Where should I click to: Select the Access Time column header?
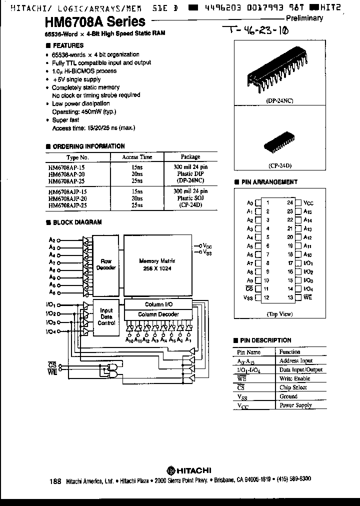click(137, 156)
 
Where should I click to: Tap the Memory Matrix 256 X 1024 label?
click(156, 264)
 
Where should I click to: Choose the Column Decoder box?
click(158, 314)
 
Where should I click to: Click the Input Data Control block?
click(106, 316)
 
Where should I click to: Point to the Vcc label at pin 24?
click(308, 203)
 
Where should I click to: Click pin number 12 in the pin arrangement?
click(268, 298)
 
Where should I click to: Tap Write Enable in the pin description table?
click(295, 378)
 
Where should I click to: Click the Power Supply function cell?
click(295, 405)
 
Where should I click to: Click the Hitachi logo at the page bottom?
click(189, 469)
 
